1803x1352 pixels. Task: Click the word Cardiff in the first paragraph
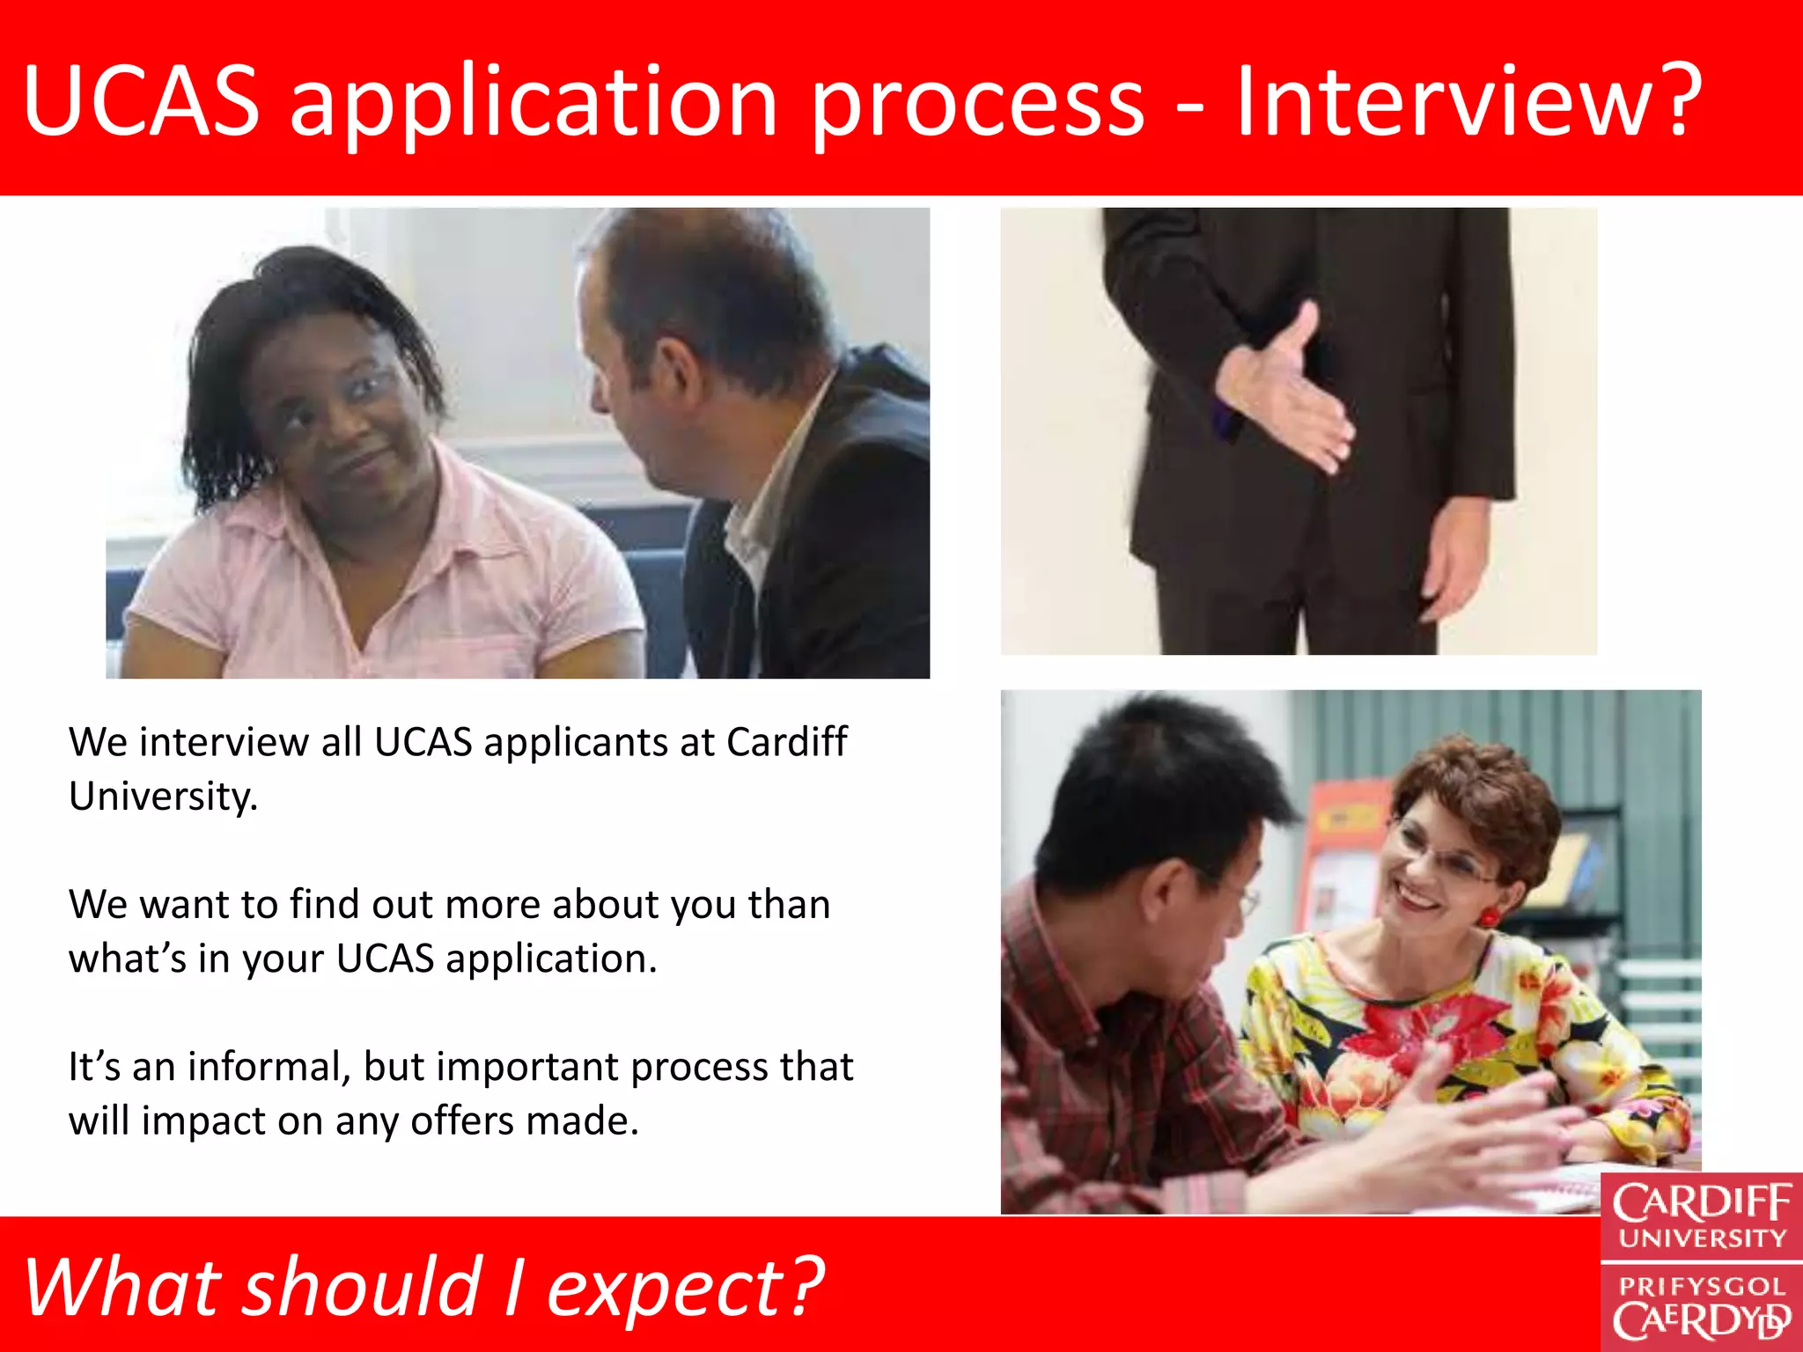click(x=786, y=742)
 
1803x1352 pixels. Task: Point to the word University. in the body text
click(x=164, y=797)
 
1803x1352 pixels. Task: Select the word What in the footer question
click(x=123, y=1287)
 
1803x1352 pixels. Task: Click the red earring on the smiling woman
click(x=1490, y=915)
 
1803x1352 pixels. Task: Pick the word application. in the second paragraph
click(x=551, y=959)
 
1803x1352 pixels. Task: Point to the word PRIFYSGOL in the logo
click(x=1701, y=1286)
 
